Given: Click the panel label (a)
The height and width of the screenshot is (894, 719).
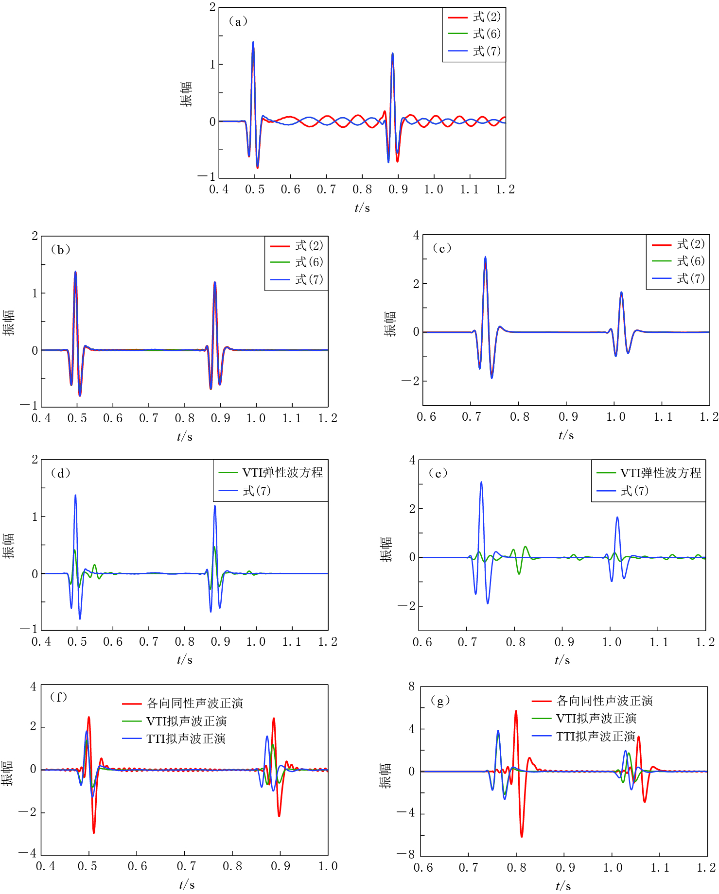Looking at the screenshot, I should tap(238, 21).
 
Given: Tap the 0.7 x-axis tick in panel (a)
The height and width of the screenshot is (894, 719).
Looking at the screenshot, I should tap(326, 189).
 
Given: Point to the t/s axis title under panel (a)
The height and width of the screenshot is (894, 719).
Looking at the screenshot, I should tap(362, 208).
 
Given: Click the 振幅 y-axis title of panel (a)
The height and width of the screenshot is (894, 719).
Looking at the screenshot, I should tap(186, 94).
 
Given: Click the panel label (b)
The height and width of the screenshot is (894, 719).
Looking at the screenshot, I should tap(61, 250).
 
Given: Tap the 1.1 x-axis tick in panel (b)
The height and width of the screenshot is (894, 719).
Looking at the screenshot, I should tap(292, 418).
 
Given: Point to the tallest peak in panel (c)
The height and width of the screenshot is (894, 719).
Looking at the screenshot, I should tap(485, 257).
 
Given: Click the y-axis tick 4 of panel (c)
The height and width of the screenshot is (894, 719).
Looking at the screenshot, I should tap(416, 236).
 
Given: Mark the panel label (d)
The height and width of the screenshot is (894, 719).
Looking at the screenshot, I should tap(61, 473).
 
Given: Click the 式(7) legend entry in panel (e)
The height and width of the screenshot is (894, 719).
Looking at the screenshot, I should tap(634, 491).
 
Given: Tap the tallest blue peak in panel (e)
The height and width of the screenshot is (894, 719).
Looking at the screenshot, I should tap(481, 482).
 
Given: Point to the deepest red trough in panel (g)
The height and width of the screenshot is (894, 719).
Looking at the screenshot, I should tap(522, 836).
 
